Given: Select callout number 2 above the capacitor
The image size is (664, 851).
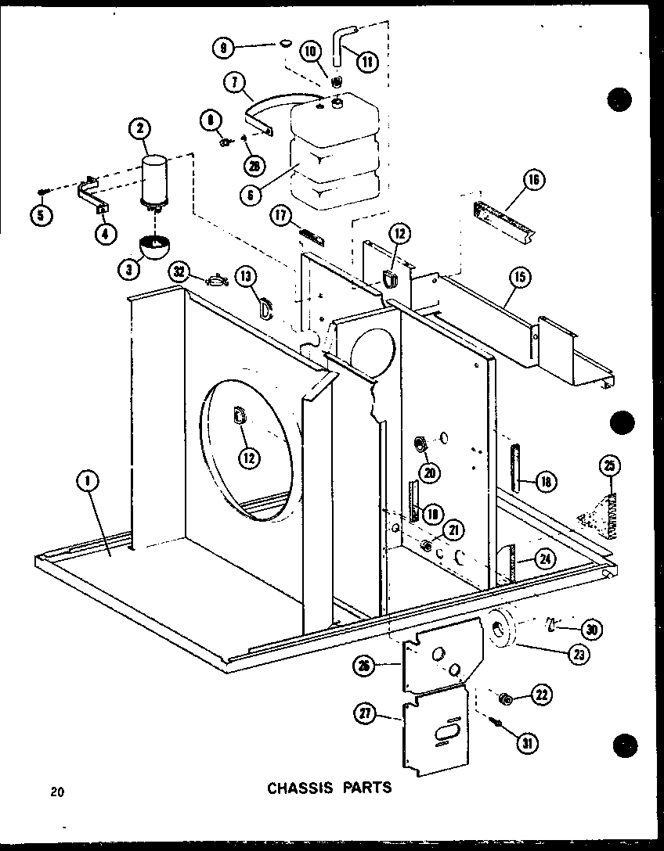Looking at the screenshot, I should point(141,130).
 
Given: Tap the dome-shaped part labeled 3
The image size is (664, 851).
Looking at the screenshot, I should point(156,247).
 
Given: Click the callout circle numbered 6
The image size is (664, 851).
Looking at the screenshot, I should point(250,195).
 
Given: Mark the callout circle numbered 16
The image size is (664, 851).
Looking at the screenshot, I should point(533,181).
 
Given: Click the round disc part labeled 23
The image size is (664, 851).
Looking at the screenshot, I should point(502,629).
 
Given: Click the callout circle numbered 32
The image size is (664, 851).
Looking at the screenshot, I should point(181,272).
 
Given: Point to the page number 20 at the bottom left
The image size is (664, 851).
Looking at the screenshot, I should point(56,792).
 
